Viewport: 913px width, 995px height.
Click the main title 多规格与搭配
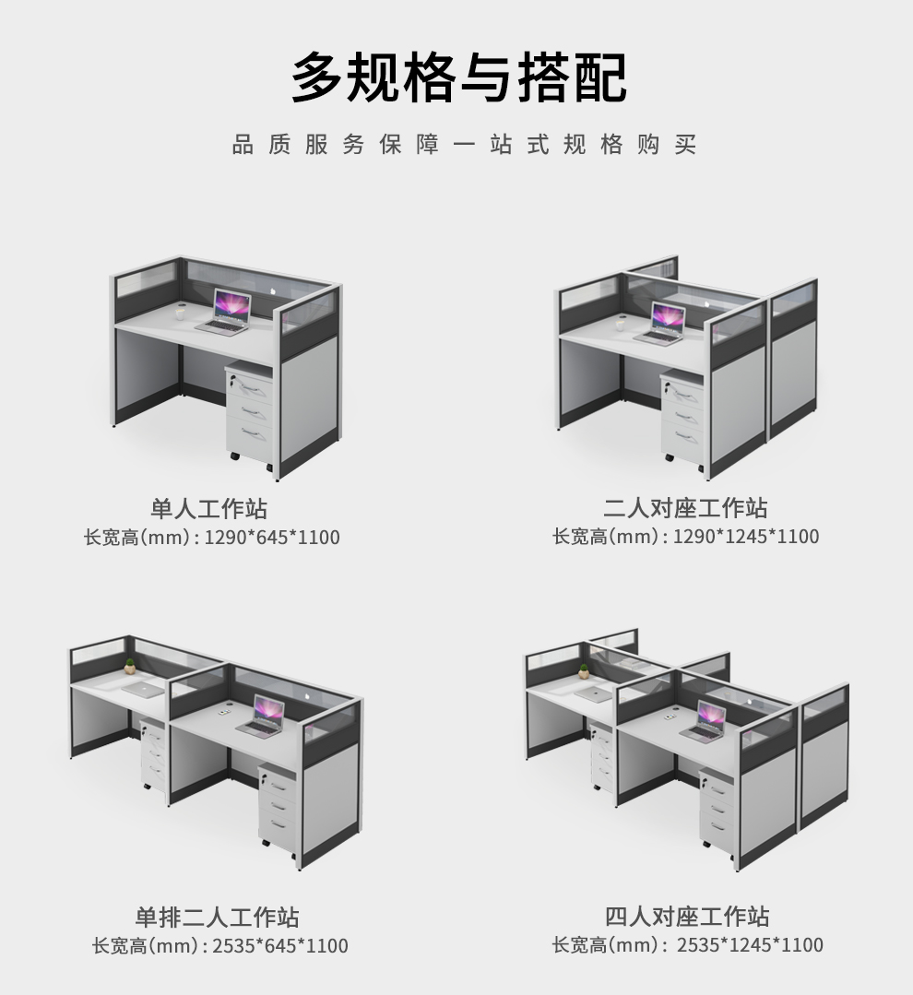coord(458,78)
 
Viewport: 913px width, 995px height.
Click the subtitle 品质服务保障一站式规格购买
coord(464,145)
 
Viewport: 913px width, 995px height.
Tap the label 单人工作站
coord(209,508)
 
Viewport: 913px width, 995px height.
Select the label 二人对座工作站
coord(685,508)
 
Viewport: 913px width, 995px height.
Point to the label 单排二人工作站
coord(217,917)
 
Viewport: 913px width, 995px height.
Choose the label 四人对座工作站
coord(687,917)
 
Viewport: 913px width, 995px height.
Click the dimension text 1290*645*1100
coord(273,537)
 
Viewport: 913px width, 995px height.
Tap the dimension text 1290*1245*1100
coord(745,537)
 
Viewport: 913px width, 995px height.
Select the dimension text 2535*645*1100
coord(280,945)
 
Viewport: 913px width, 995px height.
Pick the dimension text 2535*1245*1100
coord(750,945)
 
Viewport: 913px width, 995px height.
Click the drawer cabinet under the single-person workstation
coord(251,412)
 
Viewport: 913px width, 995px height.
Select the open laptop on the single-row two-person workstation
coord(262,716)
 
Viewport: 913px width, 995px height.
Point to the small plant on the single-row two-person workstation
coord(130,666)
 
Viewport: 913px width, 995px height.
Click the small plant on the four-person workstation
coord(583,671)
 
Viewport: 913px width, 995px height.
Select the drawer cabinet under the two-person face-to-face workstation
coord(683,417)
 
